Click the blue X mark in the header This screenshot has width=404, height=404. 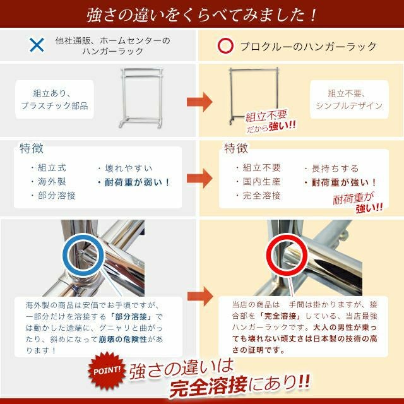tap(37, 45)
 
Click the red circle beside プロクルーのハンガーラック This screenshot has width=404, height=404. tap(225, 46)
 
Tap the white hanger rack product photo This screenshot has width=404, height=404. tap(141, 98)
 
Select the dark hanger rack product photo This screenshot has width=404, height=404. tap(254, 95)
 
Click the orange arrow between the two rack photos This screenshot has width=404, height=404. tap(199, 102)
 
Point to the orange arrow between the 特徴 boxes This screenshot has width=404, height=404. tap(199, 178)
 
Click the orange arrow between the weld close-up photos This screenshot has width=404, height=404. tap(200, 296)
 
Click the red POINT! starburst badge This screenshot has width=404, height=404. tap(107, 371)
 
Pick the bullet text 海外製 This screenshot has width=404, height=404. tap(52, 182)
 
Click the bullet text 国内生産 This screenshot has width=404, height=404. tap(261, 182)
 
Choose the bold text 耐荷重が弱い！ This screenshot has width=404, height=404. tap(137, 182)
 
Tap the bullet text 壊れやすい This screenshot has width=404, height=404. tap(129, 169)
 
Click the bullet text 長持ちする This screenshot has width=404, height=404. tap(335, 169)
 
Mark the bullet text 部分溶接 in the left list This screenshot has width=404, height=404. tap(57, 196)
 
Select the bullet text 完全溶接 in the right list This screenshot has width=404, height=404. tap(261, 196)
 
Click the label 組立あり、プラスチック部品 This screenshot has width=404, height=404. tap(54, 100)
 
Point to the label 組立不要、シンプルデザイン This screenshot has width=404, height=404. tap(349, 100)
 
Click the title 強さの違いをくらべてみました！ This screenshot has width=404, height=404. tap(201, 15)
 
